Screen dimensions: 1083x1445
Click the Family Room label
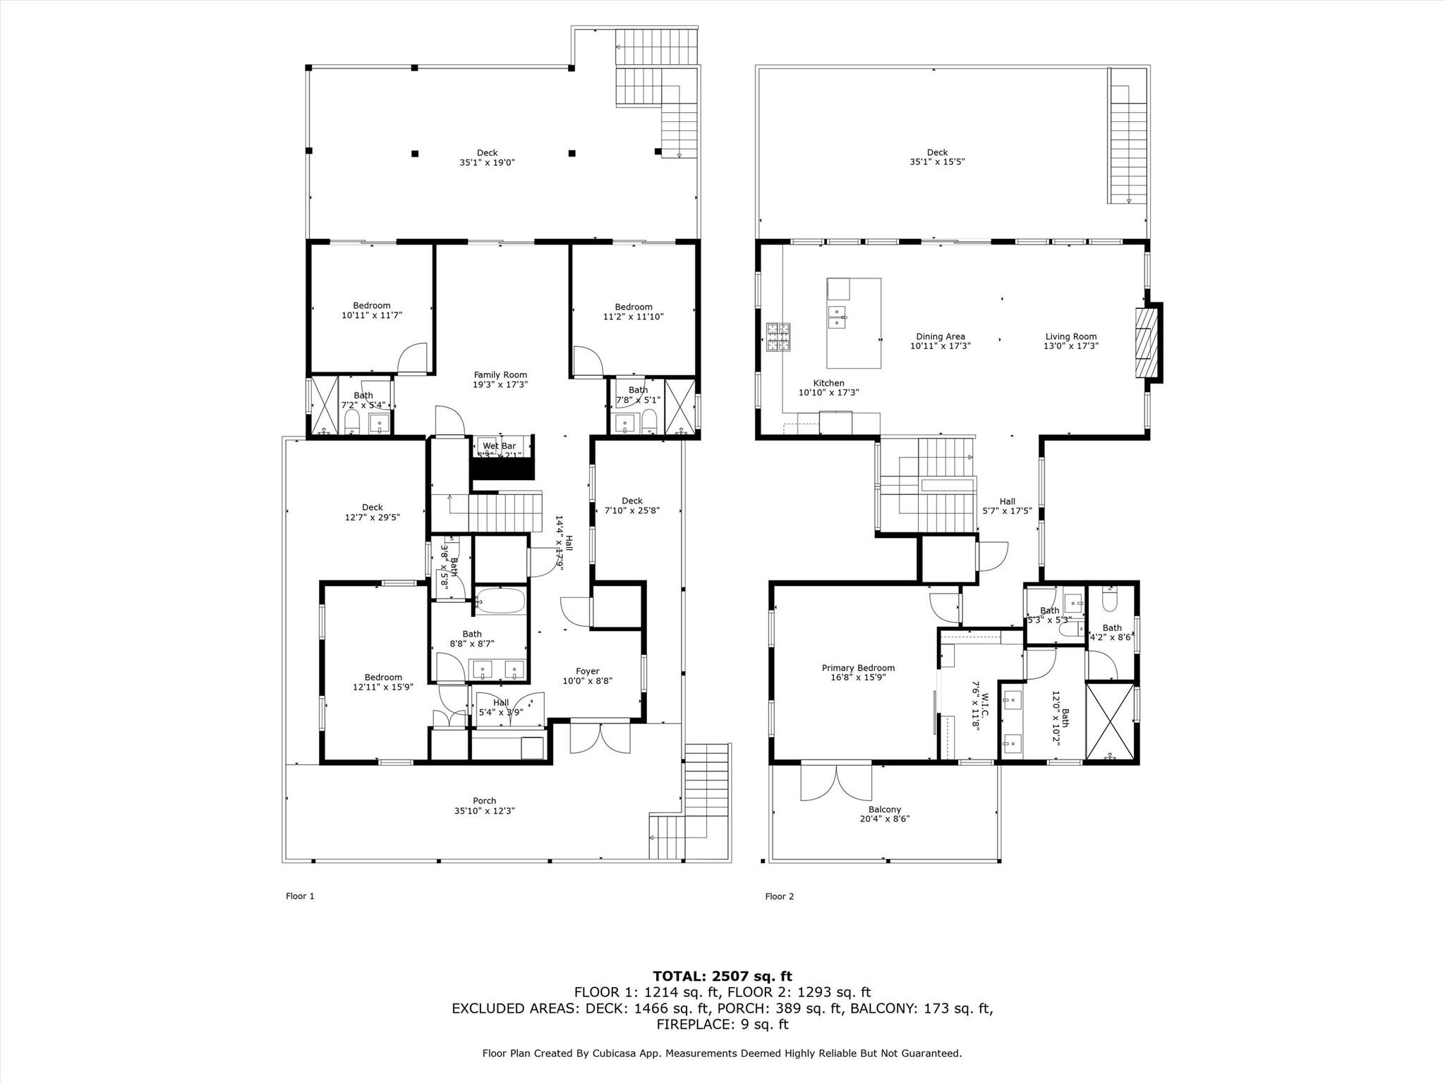[x=500, y=375]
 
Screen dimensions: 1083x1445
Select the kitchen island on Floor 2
[x=854, y=323]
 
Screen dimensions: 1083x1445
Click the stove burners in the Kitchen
[x=778, y=336]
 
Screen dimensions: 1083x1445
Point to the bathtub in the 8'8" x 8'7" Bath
[x=500, y=601]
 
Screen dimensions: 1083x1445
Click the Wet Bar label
[x=499, y=446]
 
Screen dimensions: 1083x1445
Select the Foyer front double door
[x=600, y=738]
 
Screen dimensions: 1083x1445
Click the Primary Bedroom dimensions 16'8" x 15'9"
[x=858, y=678]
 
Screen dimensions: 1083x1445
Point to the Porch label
[x=484, y=800]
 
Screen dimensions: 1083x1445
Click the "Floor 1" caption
[x=300, y=896]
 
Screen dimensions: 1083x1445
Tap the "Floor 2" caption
[x=779, y=896]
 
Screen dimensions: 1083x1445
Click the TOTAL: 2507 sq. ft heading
[x=722, y=976]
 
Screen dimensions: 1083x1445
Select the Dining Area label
[x=940, y=337]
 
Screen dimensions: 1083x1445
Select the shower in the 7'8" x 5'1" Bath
[x=679, y=405]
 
